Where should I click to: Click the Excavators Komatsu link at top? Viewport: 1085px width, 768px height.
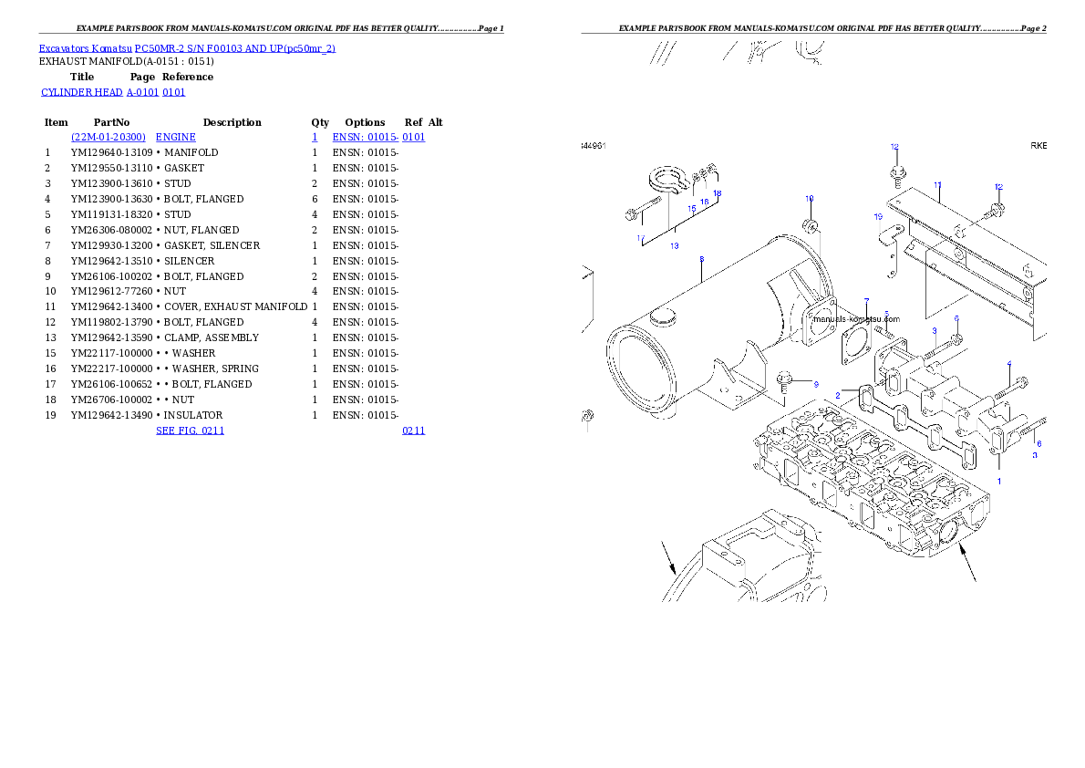tap(187, 48)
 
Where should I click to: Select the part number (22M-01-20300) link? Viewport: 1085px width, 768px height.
tap(109, 138)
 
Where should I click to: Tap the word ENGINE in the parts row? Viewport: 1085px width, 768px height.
tap(176, 138)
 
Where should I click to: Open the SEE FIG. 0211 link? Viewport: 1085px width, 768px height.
tap(190, 431)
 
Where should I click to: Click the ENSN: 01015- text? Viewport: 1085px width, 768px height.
tap(362, 138)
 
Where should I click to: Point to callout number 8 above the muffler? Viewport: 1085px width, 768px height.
tap(701, 260)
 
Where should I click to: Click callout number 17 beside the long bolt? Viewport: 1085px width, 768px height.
tap(641, 238)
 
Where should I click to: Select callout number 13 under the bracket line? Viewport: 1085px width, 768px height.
tap(675, 246)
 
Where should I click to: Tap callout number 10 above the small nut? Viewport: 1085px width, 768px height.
tap(809, 198)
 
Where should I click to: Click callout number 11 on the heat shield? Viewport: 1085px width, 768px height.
tap(937, 185)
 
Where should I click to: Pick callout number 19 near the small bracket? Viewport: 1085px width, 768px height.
tap(878, 217)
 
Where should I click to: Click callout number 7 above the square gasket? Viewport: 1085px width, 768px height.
tap(867, 301)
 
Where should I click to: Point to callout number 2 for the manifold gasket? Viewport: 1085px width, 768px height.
tap(838, 395)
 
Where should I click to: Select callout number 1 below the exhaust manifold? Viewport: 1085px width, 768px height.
tap(998, 481)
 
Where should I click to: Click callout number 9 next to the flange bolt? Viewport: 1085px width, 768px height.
tap(816, 384)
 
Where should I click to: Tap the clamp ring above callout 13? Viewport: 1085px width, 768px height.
tap(669, 182)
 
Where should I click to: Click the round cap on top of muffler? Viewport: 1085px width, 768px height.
tap(663, 319)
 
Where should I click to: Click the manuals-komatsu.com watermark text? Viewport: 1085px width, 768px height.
tap(855, 319)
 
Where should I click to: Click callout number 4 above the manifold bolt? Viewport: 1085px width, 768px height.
tap(1009, 364)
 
